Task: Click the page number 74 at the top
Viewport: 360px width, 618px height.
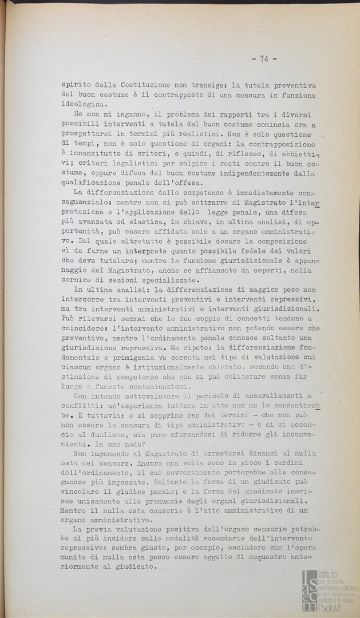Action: (264, 58)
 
